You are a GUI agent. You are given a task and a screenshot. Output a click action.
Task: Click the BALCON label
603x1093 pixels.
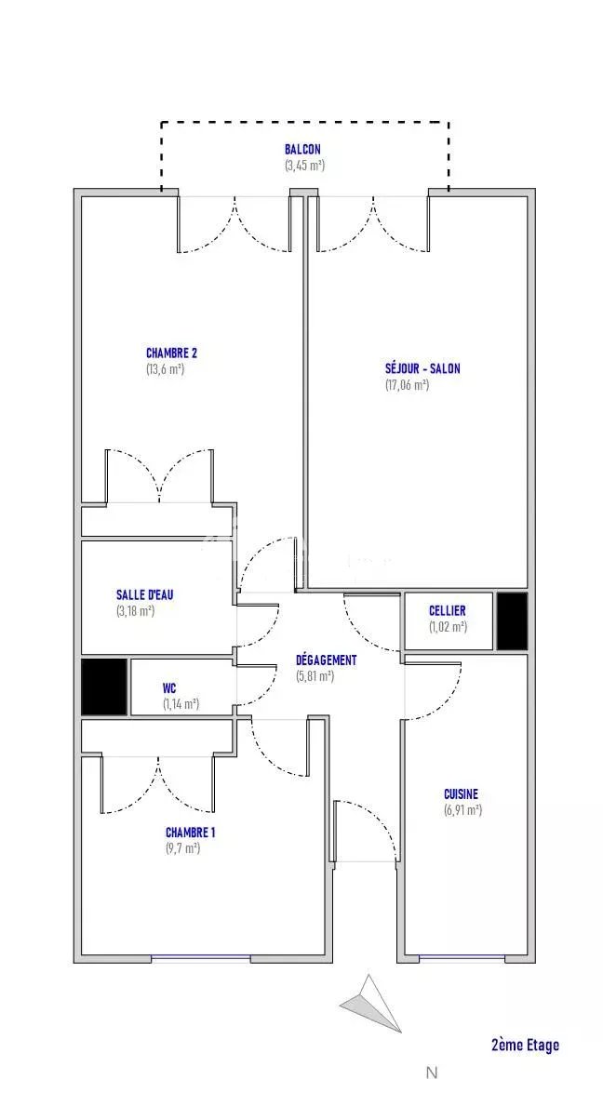coord(302,149)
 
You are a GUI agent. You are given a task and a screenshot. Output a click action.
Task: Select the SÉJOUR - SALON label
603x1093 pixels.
coord(422,368)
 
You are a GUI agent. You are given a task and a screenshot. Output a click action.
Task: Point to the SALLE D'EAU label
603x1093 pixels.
coord(144,595)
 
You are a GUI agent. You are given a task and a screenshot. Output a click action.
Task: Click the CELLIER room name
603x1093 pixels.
coord(448,611)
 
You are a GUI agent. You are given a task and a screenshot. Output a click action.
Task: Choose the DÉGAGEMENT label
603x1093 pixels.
coord(327,660)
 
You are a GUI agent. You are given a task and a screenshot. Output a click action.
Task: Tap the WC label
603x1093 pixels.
coord(169,688)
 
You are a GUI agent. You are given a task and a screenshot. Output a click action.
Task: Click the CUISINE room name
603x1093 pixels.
coord(462,794)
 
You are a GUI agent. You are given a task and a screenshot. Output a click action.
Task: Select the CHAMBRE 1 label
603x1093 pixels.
coord(191,833)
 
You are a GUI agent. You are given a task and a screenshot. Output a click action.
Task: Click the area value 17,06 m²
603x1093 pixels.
coord(407,385)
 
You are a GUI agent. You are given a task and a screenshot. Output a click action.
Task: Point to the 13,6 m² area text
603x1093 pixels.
coord(166,369)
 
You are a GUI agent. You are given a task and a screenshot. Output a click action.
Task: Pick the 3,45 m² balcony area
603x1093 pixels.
coord(304,166)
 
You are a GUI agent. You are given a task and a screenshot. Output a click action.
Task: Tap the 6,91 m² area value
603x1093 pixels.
coord(462,810)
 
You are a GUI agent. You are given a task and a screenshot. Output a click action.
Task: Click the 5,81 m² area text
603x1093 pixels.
coord(315,676)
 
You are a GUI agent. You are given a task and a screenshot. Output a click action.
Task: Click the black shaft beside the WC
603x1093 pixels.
coord(104,686)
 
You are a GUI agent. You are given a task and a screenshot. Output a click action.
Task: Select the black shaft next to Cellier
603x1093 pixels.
coord(513,621)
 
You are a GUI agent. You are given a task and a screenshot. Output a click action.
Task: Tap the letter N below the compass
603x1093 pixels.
coord(432,1073)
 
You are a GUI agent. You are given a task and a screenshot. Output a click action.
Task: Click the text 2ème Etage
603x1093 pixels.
coord(525,1045)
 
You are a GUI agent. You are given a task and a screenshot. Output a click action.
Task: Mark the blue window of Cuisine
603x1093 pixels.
coord(462,958)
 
